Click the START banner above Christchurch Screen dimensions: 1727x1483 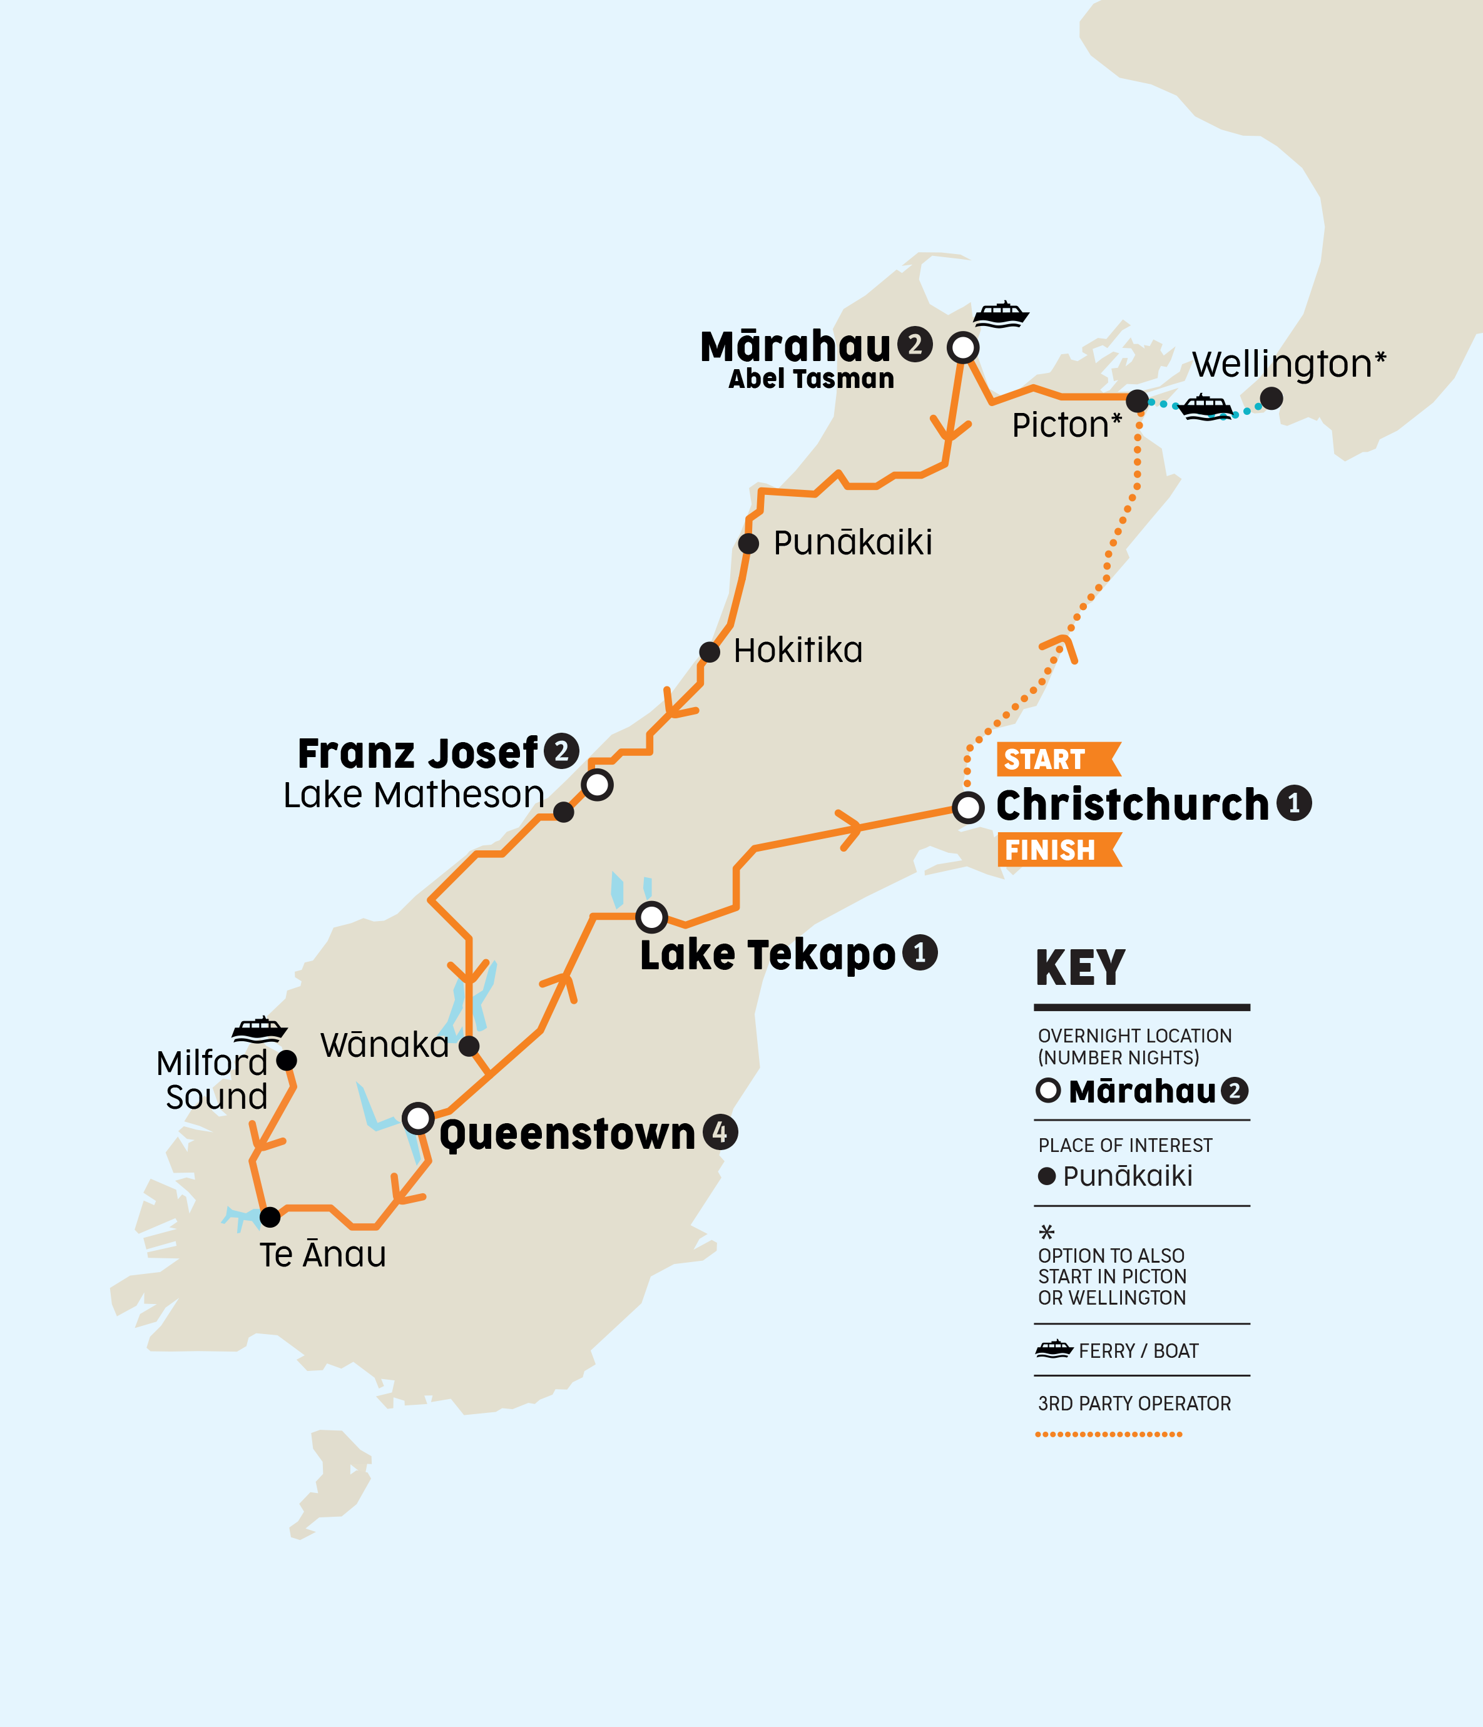pos(1056,759)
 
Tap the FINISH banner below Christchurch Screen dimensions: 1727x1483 pos(1056,850)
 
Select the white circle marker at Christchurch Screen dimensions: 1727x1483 pos(968,807)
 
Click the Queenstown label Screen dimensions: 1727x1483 pos(567,1134)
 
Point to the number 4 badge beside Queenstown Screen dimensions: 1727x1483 pos(720,1132)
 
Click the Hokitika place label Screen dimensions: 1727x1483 pos(798,651)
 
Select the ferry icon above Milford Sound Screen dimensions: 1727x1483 pos(259,1030)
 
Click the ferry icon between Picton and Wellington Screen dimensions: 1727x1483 pos(1205,407)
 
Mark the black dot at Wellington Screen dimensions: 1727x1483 pos(1270,399)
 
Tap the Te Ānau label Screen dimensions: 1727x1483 pos(323,1255)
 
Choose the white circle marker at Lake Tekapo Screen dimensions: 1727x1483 pos(651,917)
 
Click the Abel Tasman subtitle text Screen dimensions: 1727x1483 pos(811,379)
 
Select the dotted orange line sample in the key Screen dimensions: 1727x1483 pos(1108,1434)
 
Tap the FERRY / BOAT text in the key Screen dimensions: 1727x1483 pos(1138,1351)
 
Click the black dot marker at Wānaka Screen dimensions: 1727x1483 pos(469,1045)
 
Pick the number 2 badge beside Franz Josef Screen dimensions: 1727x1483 pos(561,751)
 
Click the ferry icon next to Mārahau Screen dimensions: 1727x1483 pos(1001,314)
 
